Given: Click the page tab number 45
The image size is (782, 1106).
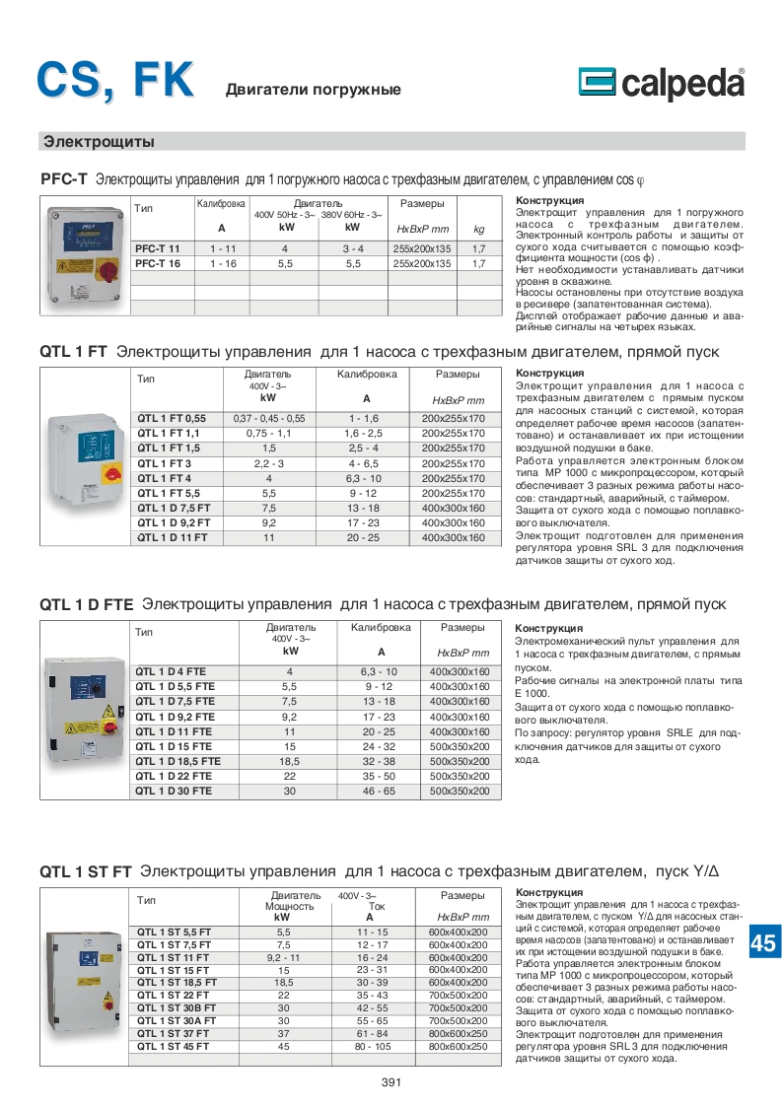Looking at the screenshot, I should (x=763, y=943).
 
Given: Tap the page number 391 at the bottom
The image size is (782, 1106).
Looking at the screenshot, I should (x=391, y=1082).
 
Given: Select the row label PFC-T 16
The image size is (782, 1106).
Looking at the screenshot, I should (x=158, y=264).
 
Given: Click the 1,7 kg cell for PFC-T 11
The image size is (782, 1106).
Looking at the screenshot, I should (x=479, y=248).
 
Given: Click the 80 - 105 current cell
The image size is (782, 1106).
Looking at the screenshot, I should (x=374, y=1046).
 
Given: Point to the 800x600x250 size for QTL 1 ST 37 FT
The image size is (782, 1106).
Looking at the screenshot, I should (x=459, y=1033).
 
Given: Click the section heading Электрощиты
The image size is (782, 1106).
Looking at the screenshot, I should (x=99, y=141).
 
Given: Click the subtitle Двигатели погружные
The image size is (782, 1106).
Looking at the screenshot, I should (x=314, y=90).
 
